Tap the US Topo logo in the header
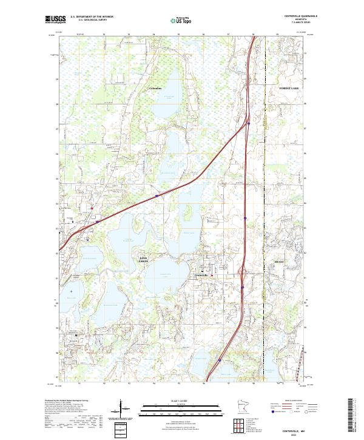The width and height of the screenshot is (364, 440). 181,21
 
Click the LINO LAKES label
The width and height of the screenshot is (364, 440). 144,259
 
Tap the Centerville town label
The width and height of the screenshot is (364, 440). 201,276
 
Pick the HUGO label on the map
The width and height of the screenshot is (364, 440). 279,262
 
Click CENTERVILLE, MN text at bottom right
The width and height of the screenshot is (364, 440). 298,428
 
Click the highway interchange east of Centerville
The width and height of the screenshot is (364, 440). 243,272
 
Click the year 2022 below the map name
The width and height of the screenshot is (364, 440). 298,433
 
